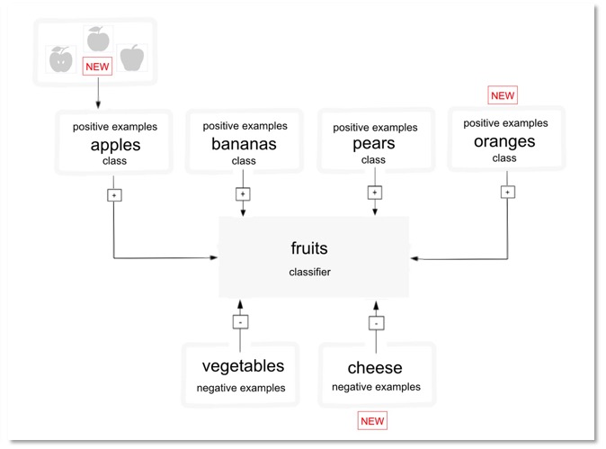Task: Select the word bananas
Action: pos(244,144)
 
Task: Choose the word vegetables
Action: pos(243,366)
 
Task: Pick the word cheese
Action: pos(375,367)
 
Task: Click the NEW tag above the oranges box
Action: pos(503,95)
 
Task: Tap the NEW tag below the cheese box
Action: pos(372,421)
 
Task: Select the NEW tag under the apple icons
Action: pos(97,66)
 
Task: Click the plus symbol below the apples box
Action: pos(114,194)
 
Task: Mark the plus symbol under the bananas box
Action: pos(243,193)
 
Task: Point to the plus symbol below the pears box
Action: pos(374,192)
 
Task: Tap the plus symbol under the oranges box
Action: pos(508,192)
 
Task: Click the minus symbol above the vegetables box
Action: pos(239,321)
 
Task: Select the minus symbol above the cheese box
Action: pos(378,321)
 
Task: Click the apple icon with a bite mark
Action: pos(60,59)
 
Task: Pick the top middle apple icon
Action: pos(97,39)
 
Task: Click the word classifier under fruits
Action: pos(310,271)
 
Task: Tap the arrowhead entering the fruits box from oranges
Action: pos(414,259)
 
